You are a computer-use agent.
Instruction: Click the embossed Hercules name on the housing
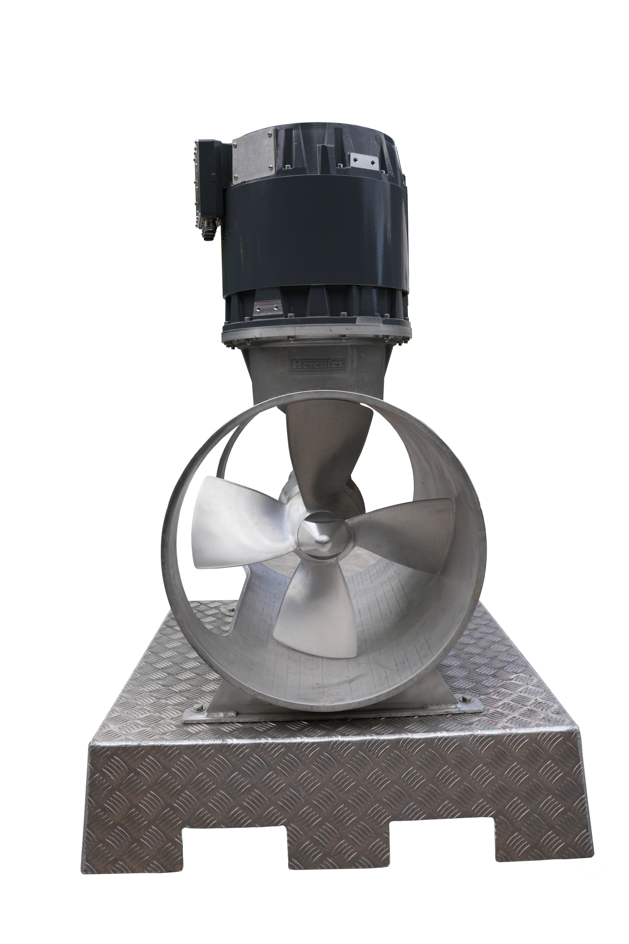coord(318,364)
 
